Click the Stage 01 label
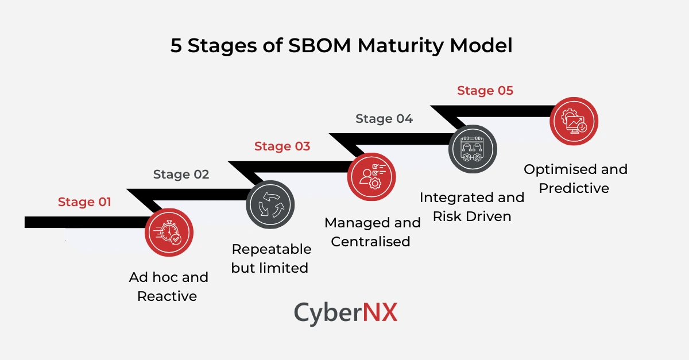(x=84, y=202)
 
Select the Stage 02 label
(x=181, y=175)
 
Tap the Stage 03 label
(x=282, y=146)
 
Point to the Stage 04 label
(x=384, y=119)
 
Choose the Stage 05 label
(x=485, y=91)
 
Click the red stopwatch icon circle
(x=169, y=232)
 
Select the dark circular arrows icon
(x=270, y=205)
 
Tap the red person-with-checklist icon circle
(x=371, y=177)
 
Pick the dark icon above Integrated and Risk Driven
(x=473, y=149)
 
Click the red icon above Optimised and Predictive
(x=574, y=121)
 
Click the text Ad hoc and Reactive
(x=168, y=287)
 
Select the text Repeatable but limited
(x=270, y=258)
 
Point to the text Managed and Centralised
(x=372, y=232)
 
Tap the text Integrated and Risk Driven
(x=472, y=207)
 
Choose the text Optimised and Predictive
(x=575, y=179)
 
